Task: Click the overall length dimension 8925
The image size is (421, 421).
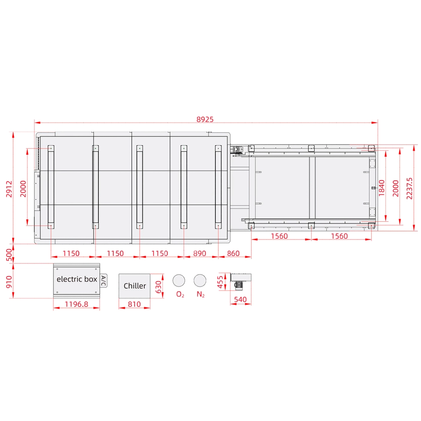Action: [x=205, y=119]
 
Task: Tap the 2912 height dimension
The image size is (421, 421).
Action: [x=9, y=189]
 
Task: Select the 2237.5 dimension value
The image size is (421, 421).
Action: [x=409, y=188]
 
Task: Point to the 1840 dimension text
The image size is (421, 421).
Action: [x=382, y=188]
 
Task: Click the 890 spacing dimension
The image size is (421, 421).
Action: [x=200, y=253]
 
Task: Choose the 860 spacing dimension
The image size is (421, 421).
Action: [x=233, y=253]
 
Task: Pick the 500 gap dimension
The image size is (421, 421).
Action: [x=9, y=255]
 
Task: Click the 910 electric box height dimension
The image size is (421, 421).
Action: [x=9, y=282]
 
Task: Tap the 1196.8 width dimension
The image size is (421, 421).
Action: [x=77, y=304]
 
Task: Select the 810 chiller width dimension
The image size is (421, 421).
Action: [x=134, y=304]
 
